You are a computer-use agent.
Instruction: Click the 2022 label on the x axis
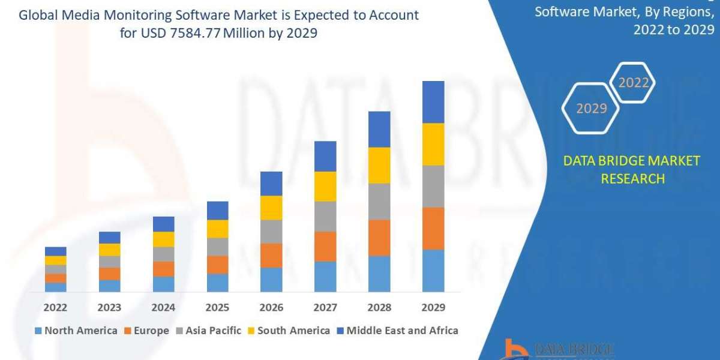[55, 307]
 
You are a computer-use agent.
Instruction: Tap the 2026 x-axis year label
[271, 307]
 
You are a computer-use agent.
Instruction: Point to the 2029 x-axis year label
[433, 307]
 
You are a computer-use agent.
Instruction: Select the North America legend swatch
[38, 331]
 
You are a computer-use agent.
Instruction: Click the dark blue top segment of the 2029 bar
[433, 102]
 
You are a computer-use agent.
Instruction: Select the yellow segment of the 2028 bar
[379, 165]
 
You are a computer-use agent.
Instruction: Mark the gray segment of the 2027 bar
[325, 216]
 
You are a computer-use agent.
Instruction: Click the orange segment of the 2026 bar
[271, 255]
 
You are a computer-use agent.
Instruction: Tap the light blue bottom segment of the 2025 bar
[217, 283]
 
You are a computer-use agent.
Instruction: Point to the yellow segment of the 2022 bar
[55, 260]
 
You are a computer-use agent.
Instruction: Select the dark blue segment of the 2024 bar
[163, 224]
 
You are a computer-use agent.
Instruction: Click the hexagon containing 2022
[633, 83]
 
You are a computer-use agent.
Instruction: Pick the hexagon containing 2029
[591, 108]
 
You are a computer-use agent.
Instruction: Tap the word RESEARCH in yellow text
[632, 179]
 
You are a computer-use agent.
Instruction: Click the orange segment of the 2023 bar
[109, 274]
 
